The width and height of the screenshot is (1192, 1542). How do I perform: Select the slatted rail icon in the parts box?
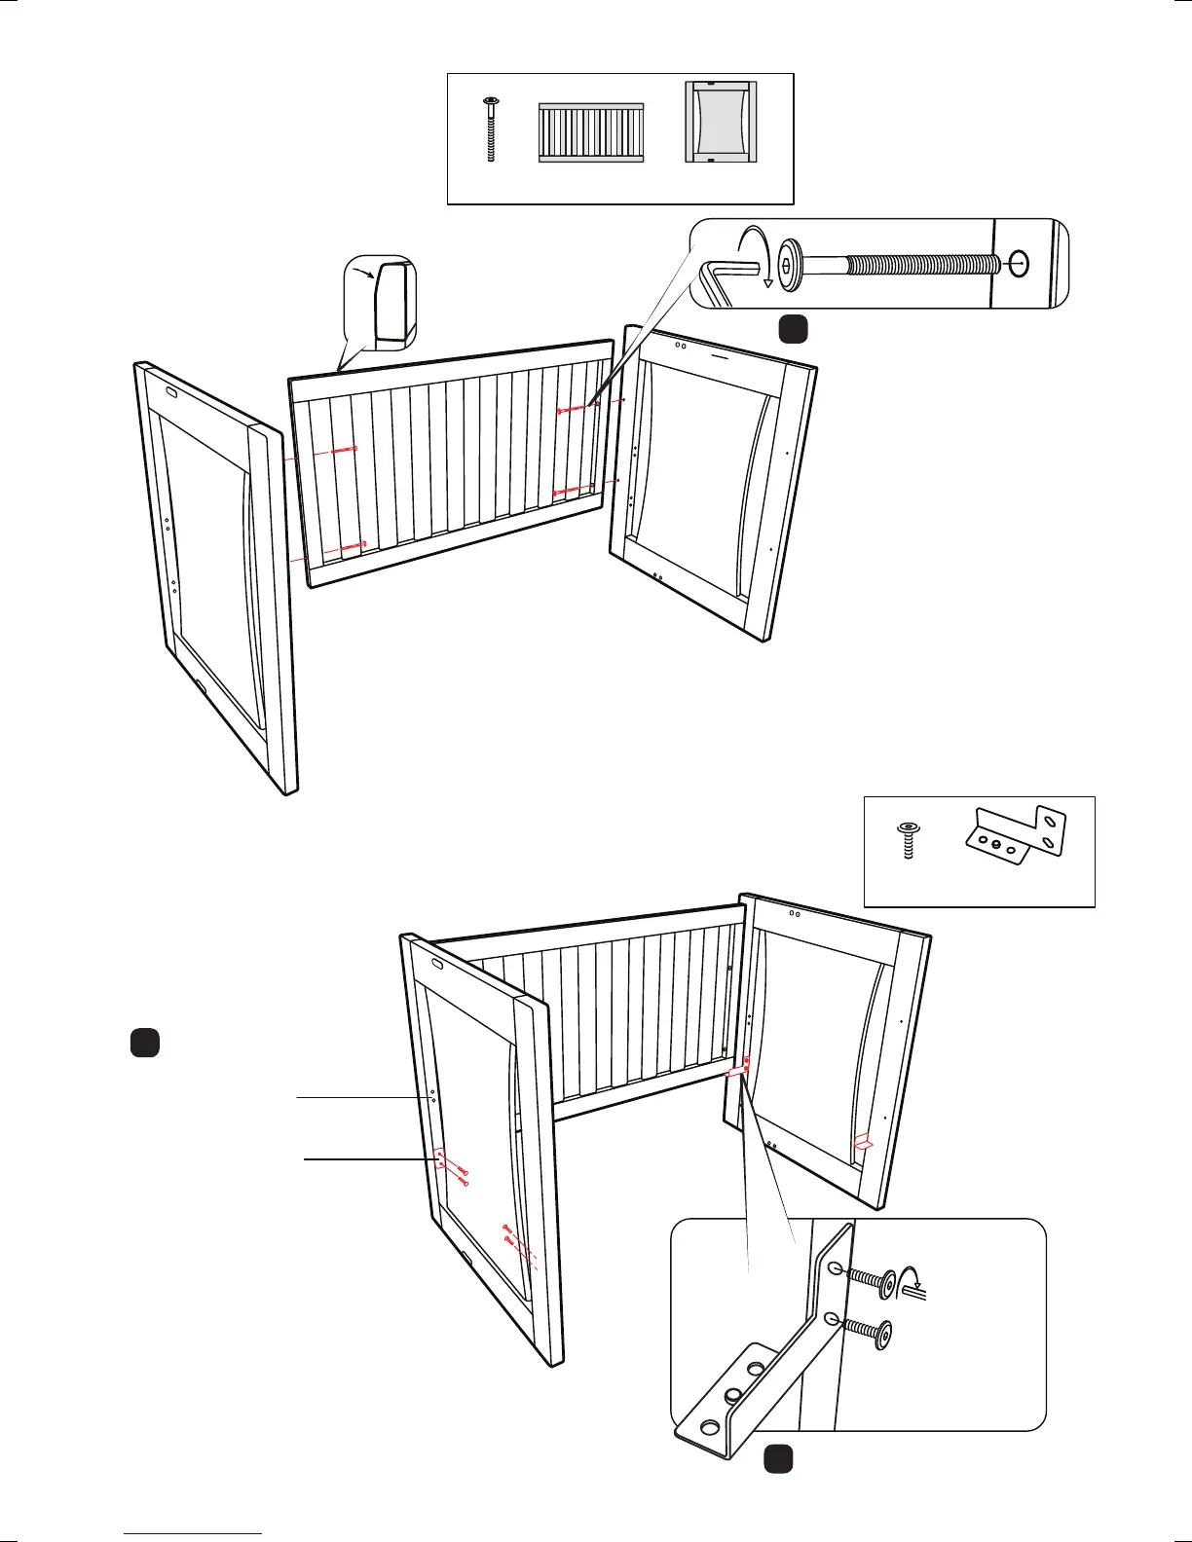coord(591,132)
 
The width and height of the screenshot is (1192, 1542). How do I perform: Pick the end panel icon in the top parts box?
coord(721,121)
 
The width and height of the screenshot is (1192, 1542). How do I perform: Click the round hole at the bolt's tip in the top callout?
coord(1018,263)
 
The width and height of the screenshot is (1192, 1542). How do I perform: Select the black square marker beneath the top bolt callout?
coord(793,330)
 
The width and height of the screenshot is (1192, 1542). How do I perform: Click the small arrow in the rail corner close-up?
coord(364,275)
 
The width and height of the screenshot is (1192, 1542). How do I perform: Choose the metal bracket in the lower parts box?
coord(1015,836)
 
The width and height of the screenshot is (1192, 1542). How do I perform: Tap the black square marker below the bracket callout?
coord(777,1459)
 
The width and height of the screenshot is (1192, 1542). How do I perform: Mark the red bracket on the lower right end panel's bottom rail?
coord(862,1142)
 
